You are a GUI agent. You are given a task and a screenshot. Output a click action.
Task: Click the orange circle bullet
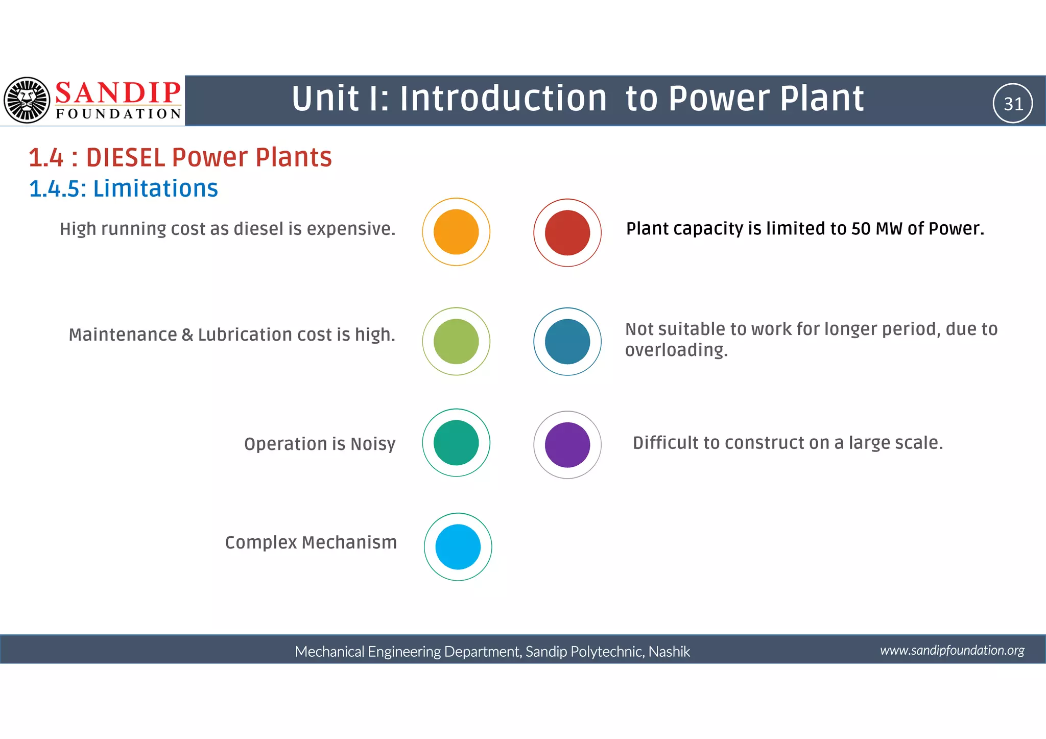click(456, 232)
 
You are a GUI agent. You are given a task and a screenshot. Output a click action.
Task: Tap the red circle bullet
click(567, 232)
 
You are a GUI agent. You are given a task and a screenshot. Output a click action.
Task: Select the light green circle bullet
click(456, 341)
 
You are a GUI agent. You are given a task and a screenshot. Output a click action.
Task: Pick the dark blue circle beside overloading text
click(567, 341)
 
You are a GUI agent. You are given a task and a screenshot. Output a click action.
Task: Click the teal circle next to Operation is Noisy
click(456, 442)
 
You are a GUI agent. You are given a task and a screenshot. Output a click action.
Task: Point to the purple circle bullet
click(567, 444)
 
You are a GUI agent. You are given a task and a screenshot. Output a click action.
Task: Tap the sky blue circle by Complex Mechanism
click(458, 546)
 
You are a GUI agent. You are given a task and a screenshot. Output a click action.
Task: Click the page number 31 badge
click(1013, 104)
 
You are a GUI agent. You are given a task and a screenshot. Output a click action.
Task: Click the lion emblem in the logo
click(27, 100)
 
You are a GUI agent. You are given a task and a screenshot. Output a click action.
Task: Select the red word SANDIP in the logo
click(118, 93)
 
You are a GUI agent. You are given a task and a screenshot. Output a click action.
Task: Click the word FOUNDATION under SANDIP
click(118, 113)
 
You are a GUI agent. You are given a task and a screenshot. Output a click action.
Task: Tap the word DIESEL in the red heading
click(126, 157)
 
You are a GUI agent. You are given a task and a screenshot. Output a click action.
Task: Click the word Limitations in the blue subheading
click(155, 188)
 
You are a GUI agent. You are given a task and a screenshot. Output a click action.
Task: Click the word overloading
click(676, 350)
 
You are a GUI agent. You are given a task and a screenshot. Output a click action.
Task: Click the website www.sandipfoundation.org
click(952, 650)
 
